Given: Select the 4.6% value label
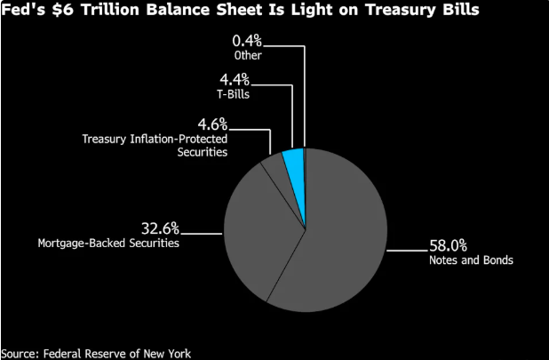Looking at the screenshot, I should coord(212,124).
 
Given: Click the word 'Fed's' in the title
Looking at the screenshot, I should coord(21,11).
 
